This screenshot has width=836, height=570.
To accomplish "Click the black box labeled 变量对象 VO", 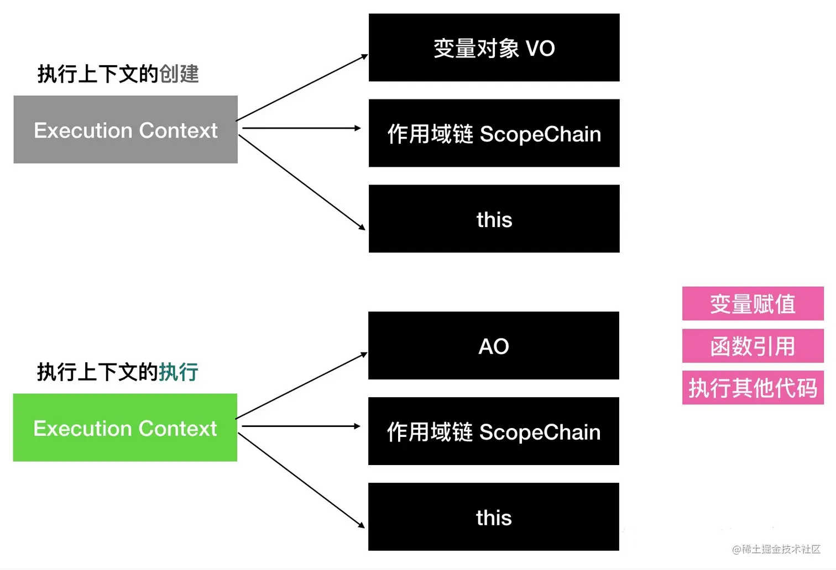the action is (494, 47).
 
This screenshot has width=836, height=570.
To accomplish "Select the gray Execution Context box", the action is (126, 129).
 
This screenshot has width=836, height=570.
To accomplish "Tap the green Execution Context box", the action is (125, 427).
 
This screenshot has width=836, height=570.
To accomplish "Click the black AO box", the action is (494, 346).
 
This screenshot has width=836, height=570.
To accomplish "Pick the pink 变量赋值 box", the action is (753, 303).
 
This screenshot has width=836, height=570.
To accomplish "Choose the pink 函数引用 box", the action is (753, 346).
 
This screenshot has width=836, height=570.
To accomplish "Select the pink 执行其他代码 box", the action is (753, 387).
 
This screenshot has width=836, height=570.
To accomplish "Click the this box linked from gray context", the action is (494, 219).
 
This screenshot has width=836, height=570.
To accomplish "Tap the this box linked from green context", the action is (494, 516).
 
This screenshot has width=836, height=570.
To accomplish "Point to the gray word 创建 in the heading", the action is (179, 73).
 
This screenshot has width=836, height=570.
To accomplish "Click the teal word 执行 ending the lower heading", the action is (179, 372).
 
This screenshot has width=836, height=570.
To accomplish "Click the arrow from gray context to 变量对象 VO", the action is (302, 88).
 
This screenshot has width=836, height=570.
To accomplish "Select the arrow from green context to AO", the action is (301, 386).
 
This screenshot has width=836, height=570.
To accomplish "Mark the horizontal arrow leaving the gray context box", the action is (301, 128).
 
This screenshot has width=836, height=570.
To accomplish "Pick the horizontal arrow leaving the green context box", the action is (301, 426).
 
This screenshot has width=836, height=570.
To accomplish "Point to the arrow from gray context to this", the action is (302, 182).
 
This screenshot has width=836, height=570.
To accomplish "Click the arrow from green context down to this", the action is (301, 481).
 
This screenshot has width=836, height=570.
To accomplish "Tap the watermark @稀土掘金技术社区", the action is (776, 549).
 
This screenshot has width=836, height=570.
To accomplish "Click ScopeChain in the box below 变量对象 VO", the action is (540, 134).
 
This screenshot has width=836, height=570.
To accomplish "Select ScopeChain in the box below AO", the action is (540, 432).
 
